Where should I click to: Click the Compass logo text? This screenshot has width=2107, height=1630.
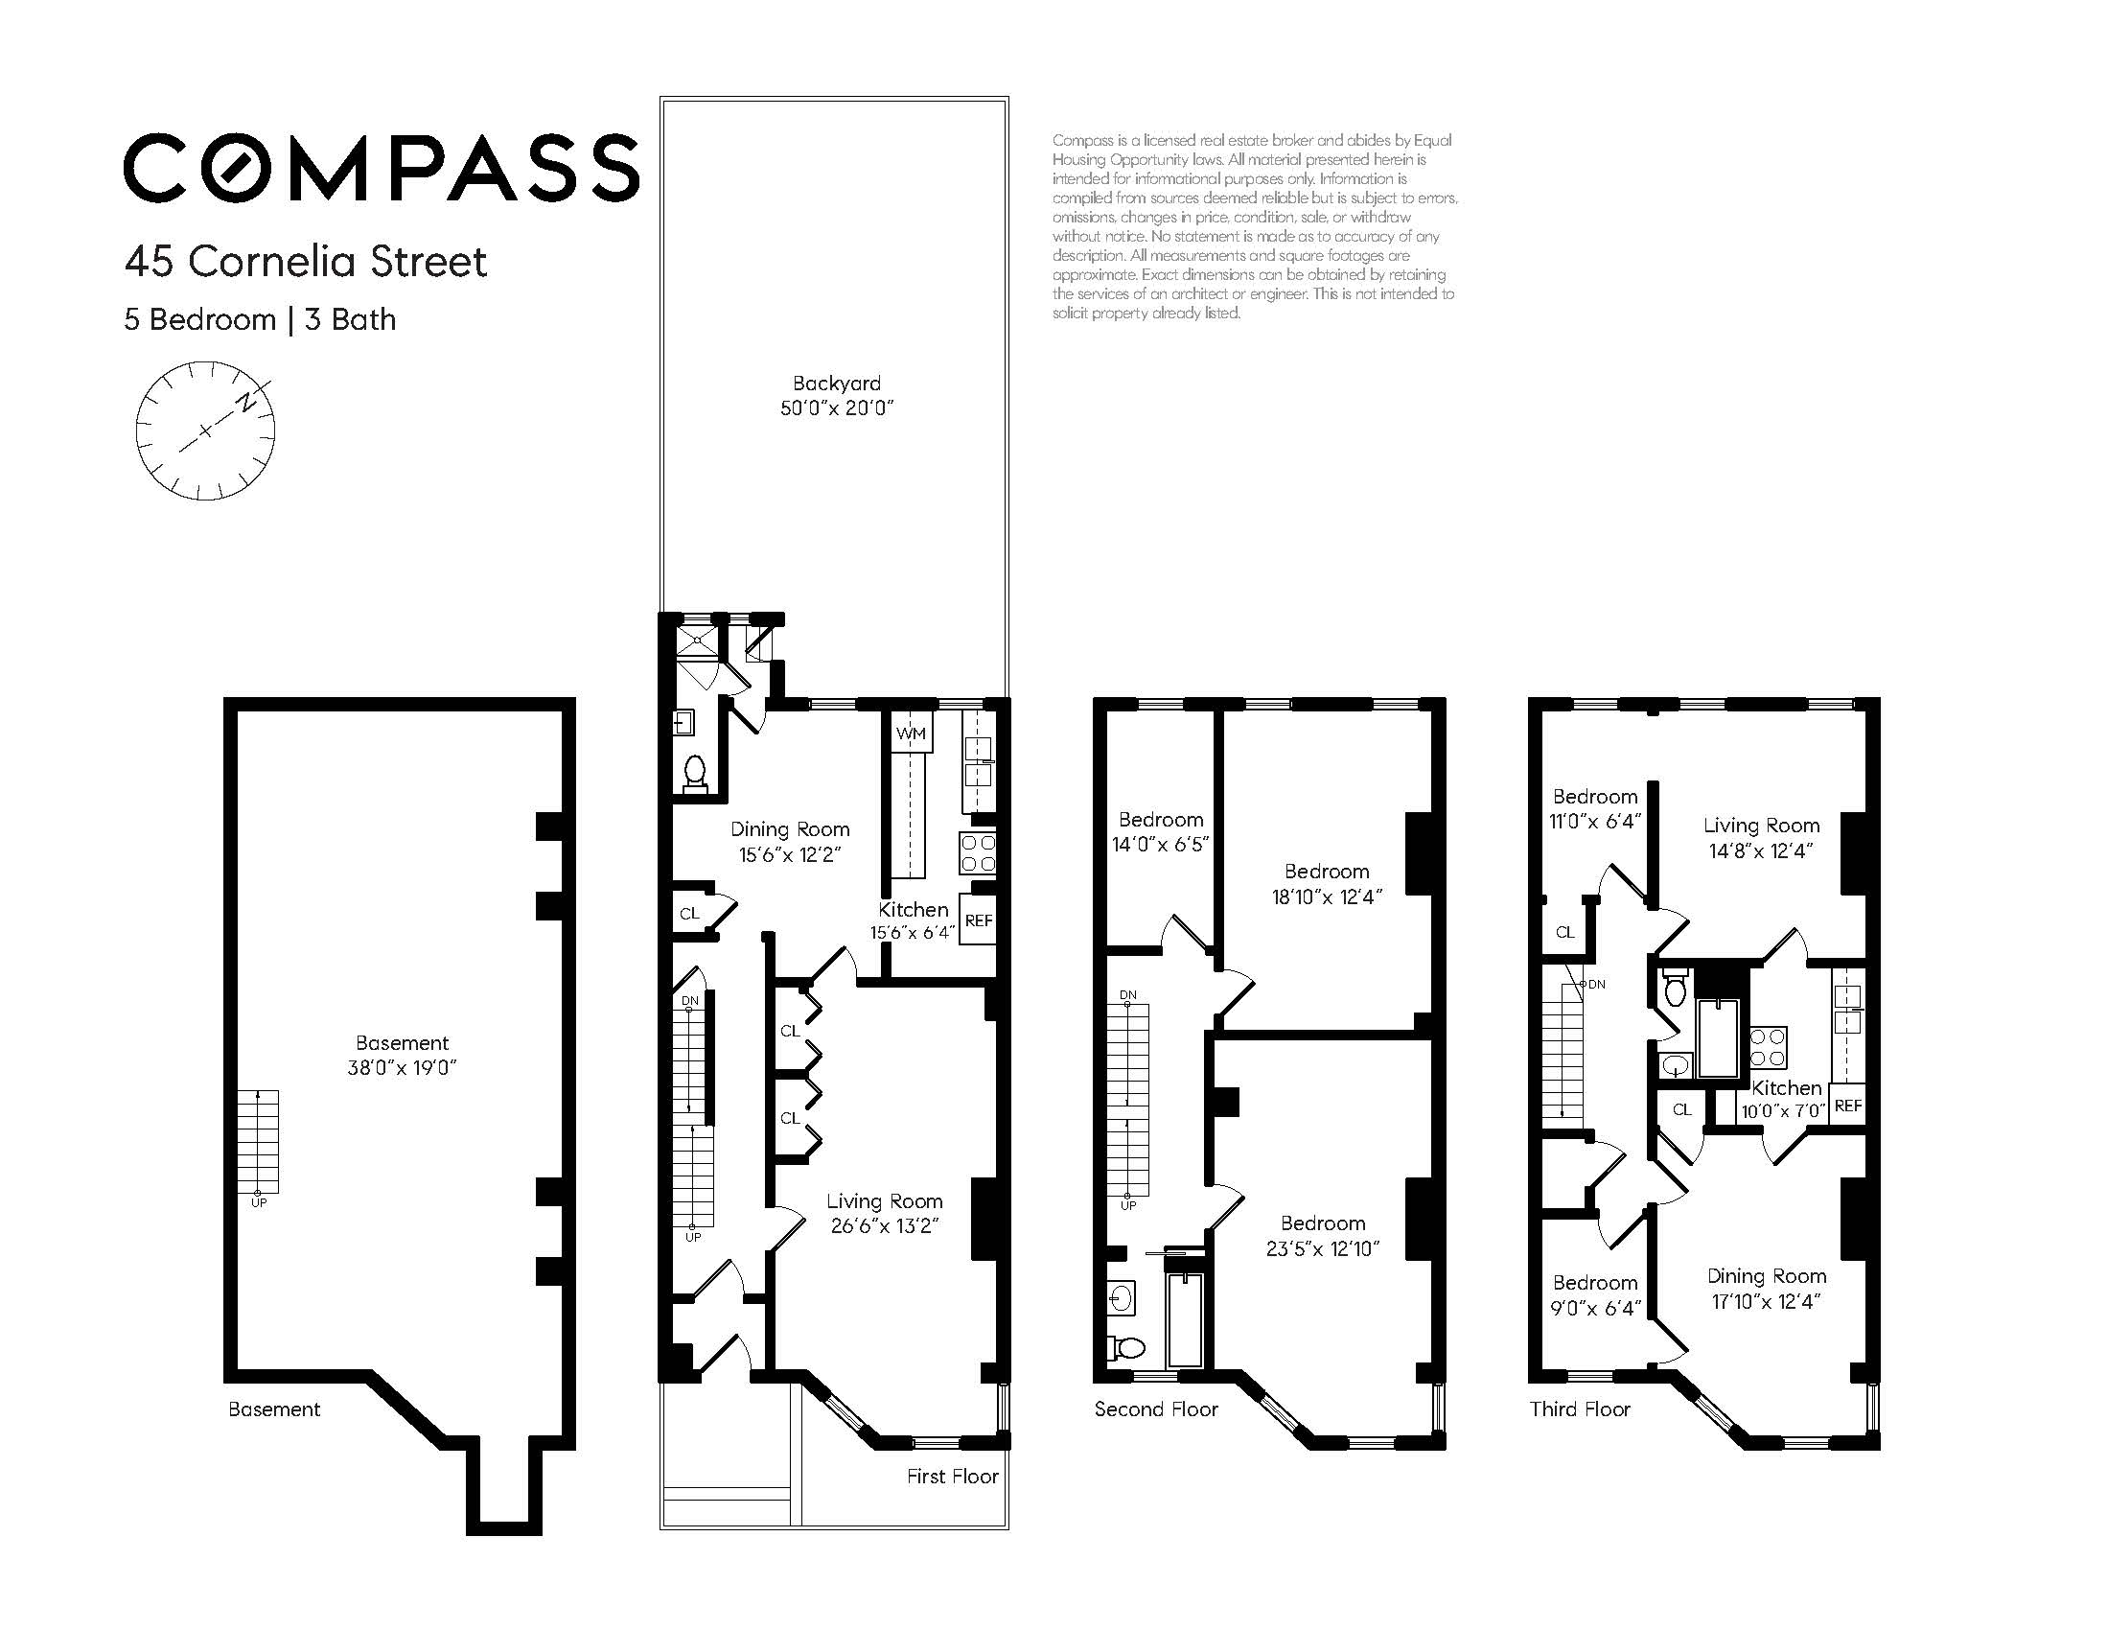pyautogui.click(x=382, y=168)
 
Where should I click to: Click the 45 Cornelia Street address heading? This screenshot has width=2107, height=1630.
pyautogui.click(x=306, y=262)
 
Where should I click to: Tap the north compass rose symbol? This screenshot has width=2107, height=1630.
pyautogui.click(x=205, y=431)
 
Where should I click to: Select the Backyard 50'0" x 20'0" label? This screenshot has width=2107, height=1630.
pyautogui.click(x=837, y=395)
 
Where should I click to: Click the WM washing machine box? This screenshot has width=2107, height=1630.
pyautogui.click(x=911, y=733)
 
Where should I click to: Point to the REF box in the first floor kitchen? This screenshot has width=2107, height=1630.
pyautogui.click(x=977, y=920)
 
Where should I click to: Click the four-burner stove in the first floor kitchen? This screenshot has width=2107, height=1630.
pyautogui.click(x=976, y=853)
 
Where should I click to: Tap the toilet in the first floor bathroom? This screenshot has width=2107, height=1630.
pyautogui.click(x=695, y=774)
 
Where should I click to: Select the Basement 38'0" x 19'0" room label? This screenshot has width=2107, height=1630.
pyautogui.click(x=402, y=1055)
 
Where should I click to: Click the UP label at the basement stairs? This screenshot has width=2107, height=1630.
pyautogui.click(x=259, y=1202)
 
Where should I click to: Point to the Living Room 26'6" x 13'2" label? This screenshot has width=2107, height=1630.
pyautogui.click(x=884, y=1213)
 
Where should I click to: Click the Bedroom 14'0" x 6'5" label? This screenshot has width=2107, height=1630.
pyautogui.click(x=1160, y=831)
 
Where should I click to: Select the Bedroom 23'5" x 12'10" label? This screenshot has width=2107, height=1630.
pyautogui.click(x=1322, y=1235)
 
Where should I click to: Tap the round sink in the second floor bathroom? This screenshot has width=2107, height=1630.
pyautogui.click(x=1121, y=1297)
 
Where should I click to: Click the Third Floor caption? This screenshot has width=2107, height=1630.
pyautogui.click(x=1579, y=1409)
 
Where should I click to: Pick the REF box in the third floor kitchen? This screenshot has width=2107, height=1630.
pyautogui.click(x=1847, y=1106)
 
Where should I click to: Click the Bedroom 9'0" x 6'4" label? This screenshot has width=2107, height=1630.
pyautogui.click(x=1594, y=1295)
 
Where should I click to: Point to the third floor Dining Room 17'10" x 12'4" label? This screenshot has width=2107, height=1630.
pyautogui.click(x=1766, y=1289)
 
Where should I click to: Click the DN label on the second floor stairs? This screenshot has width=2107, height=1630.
pyautogui.click(x=1127, y=995)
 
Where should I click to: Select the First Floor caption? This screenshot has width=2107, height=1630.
pyautogui.click(x=951, y=1477)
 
